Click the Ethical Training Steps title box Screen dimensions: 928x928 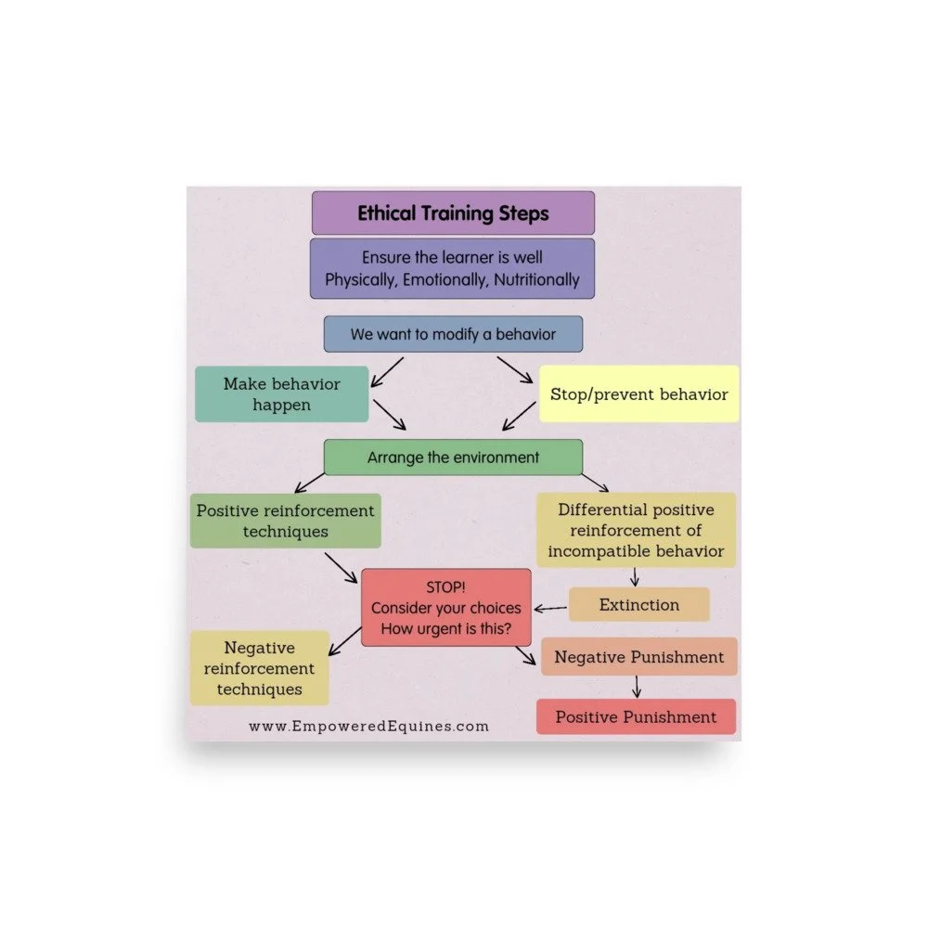click(x=453, y=213)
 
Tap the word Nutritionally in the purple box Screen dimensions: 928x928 click(x=536, y=279)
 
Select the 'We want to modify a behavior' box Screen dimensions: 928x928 click(x=453, y=334)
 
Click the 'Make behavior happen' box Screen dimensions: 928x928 click(x=281, y=394)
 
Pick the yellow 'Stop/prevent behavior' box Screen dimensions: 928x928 click(x=638, y=394)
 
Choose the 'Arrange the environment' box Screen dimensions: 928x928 click(x=453, y=458)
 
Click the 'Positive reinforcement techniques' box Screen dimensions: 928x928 click(x=285, y=521)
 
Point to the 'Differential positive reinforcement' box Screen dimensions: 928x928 click(x=636, y=531)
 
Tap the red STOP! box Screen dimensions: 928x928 click(x=445, y=608)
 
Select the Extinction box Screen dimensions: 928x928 click(x=638, y=605)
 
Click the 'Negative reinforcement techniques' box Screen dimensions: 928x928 click(x=260, y=668)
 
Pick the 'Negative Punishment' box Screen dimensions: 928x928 click(x=638, y=657)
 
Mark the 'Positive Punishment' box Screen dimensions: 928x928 click(x=636, y=716)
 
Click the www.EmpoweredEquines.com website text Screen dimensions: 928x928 click(x=368, y=727)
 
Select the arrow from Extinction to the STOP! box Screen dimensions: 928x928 click(x=552, y=609)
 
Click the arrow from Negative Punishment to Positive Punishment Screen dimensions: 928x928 click(x=637, y=687)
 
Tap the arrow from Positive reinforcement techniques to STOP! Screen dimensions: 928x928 click(x=341, y=568)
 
